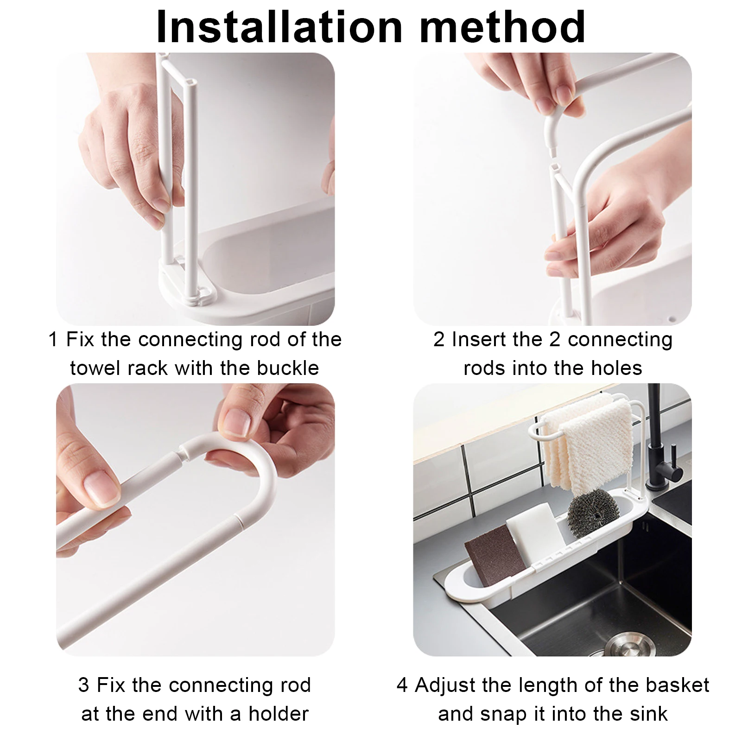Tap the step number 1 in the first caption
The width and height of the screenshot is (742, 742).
point(53,340)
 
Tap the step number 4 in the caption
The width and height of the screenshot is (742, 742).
point(402,685)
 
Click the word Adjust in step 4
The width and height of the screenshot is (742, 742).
point(440,685)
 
